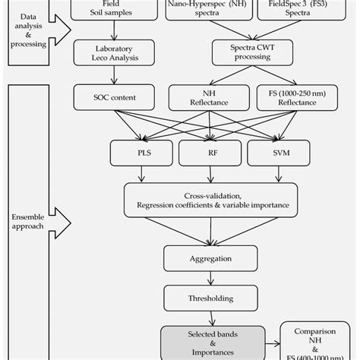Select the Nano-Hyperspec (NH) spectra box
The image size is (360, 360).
216,10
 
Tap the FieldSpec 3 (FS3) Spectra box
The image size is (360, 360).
314,10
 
